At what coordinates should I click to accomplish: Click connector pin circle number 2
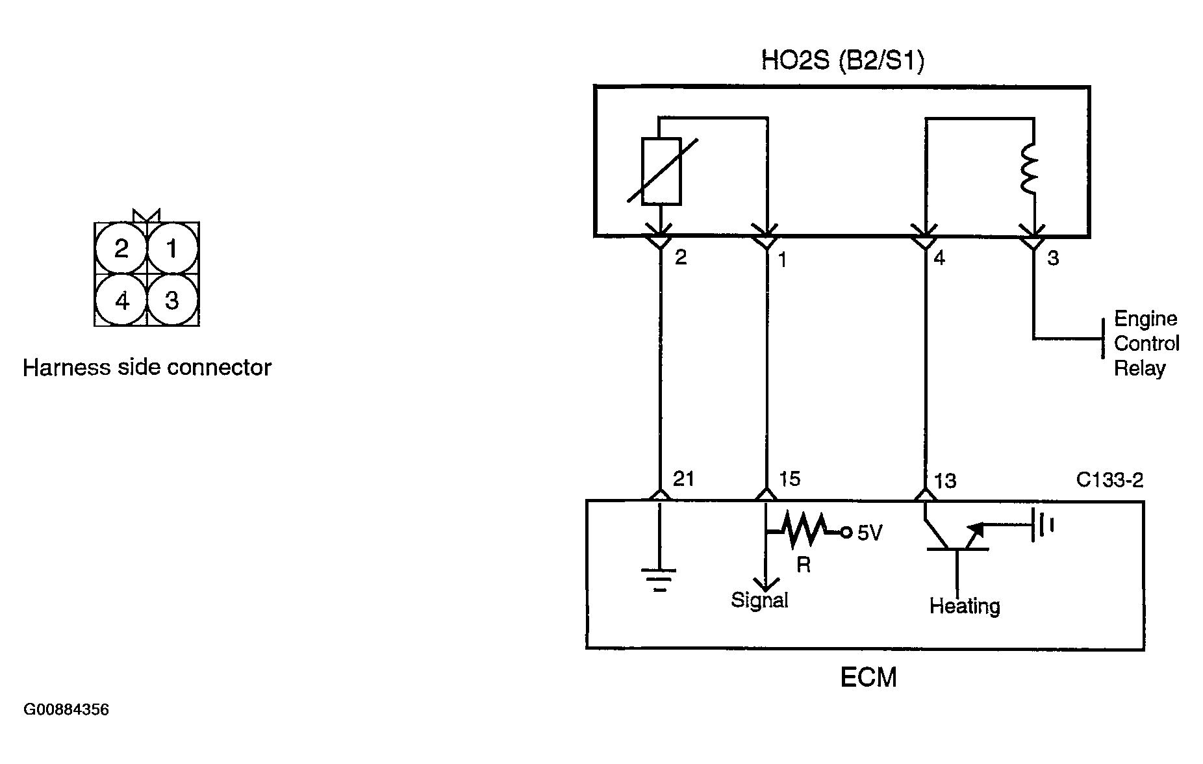click(x=121, y=248)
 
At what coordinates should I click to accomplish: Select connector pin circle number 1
click(x=172, y=248)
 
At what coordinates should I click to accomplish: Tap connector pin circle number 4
click(x=121, y=300)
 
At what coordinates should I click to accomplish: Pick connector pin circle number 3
click(x=172, y=300)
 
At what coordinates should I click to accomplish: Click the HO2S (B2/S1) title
click(x=842, y=61)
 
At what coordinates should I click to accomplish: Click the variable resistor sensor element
click(x=661, y=171)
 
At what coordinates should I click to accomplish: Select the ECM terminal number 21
click(x=683, y=479)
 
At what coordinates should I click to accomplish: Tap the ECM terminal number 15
click(x=789, y=479)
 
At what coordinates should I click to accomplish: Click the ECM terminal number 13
click(x=945, y=481)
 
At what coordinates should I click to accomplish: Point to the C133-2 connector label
click(x=1109, y=480)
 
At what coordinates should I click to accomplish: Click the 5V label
click(x=870, y=533)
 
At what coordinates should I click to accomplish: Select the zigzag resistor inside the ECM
click(x=805, y=530)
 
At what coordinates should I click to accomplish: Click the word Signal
click(x=759, y=600)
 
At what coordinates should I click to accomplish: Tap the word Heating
click(x=965, y=606)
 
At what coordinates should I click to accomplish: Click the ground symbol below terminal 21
click(x=659, y=579)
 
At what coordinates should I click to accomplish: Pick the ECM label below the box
click(x=868, y=678)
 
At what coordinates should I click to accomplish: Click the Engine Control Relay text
click(x=1146, y=344)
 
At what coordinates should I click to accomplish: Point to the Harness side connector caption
click(x=147, y=368)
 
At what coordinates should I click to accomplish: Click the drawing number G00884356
click(x=66, y=709)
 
